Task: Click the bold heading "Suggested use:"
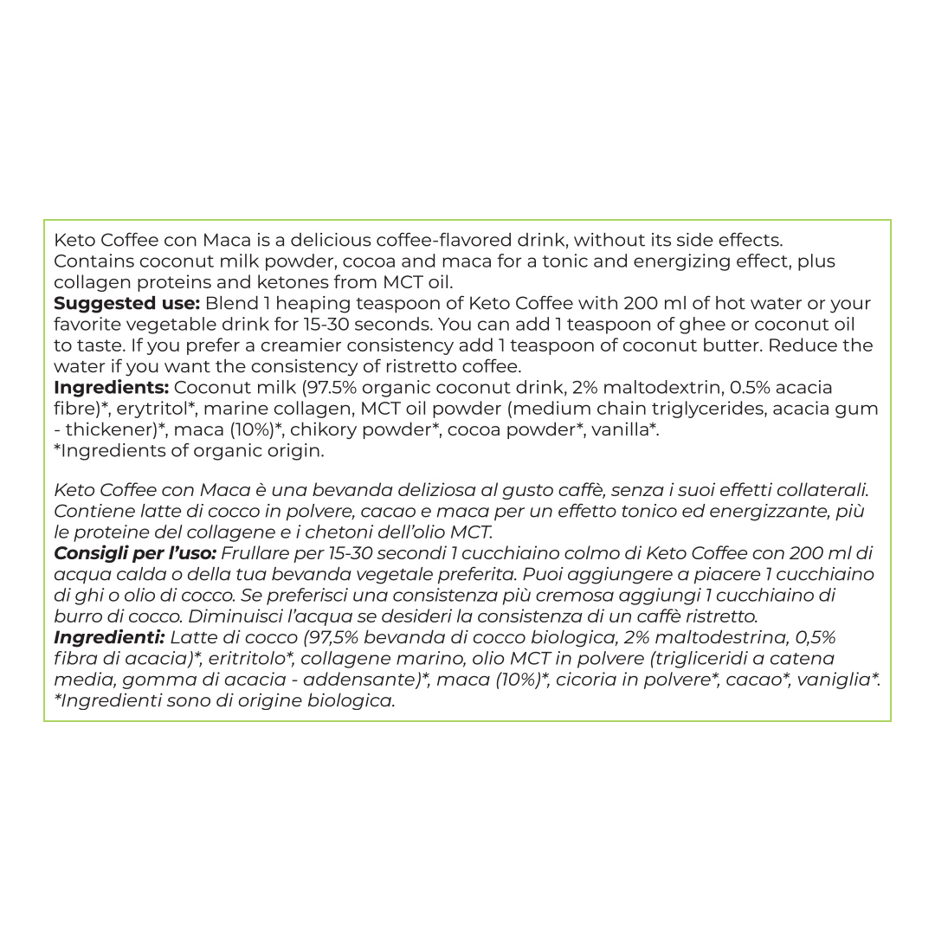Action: pyautogui.click(x=126, y=304)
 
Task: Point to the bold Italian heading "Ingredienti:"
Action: pyautogui.click(x=109, y=637)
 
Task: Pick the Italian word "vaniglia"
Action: pyautogui.click(x=836, y=680)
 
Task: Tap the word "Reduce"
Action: pyautogui.click(x=783, y=345)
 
